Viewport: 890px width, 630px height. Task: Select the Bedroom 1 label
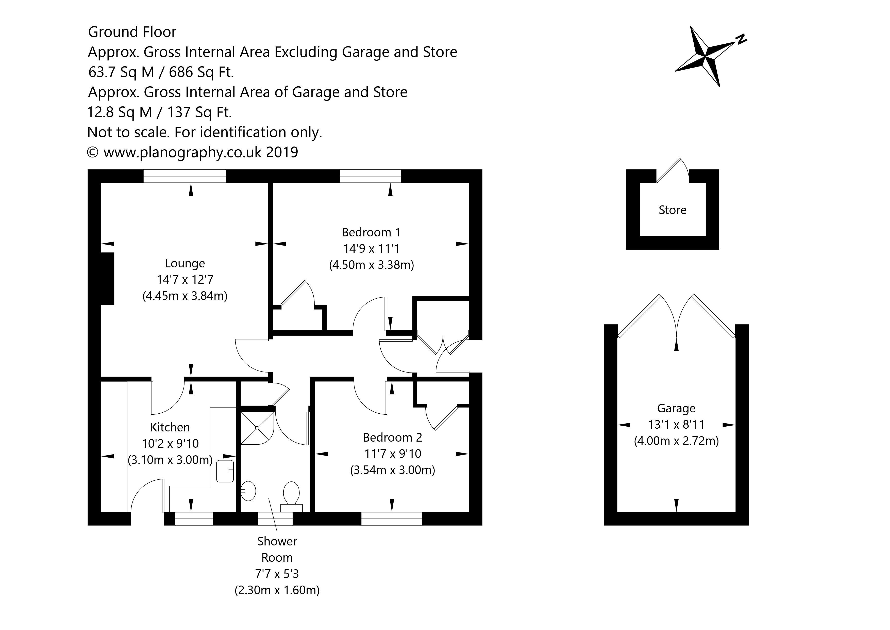click(x=371, y=232)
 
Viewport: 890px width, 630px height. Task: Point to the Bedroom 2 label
click(x=392, y=437)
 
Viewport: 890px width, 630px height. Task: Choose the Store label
click(x=672, y=210)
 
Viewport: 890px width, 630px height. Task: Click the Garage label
click(x=676, y=408)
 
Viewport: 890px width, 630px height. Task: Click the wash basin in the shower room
click(x=248, y=491)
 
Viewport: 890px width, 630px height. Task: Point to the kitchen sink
click(x=225, y=471)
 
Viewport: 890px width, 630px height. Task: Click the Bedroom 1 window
click(x=370, y=176)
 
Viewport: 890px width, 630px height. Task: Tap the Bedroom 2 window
click(x=392, y=519)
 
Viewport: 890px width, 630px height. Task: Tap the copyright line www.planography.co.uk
click(x=193, y=152)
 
